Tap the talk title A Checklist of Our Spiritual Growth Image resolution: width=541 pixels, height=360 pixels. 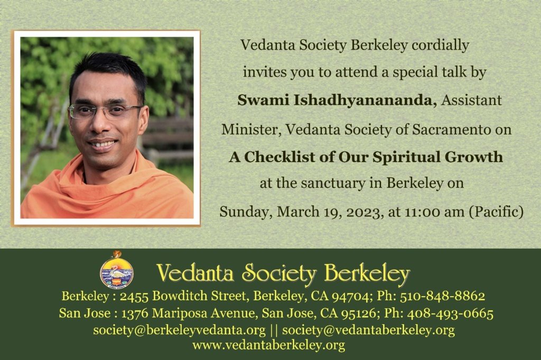pyautogui.click(x=366, y=157)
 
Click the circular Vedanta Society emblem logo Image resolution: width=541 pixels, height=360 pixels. pyautogui.click(x=117, y=270)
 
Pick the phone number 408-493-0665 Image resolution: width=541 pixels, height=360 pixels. pyautogui.click(x=450, y=314)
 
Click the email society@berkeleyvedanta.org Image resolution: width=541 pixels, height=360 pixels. pyautogui.click(x=179, y=330)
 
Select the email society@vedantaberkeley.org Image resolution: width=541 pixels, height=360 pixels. pyautogui.click(x=368, y=330)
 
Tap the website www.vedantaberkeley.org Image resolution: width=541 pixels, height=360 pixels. pyautogui.click(x=269, y=345)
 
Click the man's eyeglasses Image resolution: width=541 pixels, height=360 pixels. pyautogui.click(x=105, y=111)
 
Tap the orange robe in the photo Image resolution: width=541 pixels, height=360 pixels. pyautogui.click(x=106, y=193)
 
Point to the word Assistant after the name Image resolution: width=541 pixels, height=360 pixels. pyautogui.click(x=472, y=100)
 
